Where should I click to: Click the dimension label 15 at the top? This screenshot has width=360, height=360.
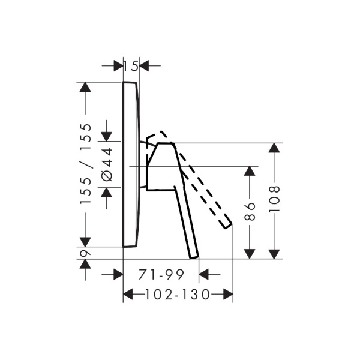(x=131, y=65)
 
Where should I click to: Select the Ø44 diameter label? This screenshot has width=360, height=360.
(x=107, y=164)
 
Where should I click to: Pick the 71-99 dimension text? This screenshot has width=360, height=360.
(x=161, y=275)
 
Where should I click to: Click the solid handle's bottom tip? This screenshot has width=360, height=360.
(x=194, y=257)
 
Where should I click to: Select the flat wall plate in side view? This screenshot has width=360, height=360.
(x=131, y=164)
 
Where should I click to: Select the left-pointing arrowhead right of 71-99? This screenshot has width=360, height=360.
(x=204, y=275)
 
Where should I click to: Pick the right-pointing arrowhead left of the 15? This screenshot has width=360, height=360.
(x=116, y=65)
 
